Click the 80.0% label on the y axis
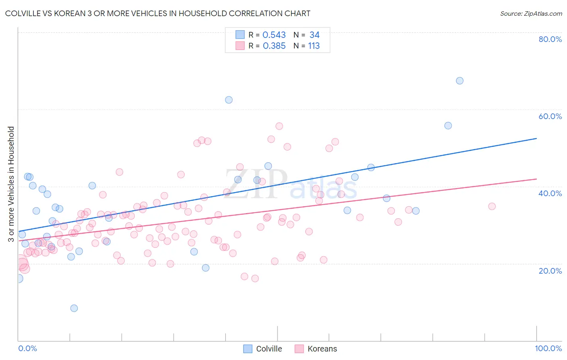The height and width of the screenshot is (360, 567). pyautogui.click(x=550, y=39)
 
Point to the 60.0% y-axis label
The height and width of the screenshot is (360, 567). pyautogui.click(x=550, y=116)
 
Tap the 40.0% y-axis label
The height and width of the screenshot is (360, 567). pyautogui.click(x=550, y=193)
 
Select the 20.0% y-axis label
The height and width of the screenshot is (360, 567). pyautogui.click(x=550, y=271)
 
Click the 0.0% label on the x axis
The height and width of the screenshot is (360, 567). pyautogui.click(x=27, y=348)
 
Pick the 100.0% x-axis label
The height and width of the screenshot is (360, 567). pyautogui.click(x=548, y=348)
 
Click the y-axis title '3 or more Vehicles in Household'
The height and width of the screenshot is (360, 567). pyautogui.click(x=11, y=184)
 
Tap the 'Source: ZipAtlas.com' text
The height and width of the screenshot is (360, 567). pyautogui.click(x=531, y=13)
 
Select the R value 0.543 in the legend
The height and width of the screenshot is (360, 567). pyautogui.click(x=274, y=35)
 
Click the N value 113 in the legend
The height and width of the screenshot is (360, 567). pyautogui.click(x=314, y=46)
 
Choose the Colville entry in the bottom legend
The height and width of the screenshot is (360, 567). pyautogui.click(x=263, y=349)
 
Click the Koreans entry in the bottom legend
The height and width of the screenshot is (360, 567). pyautogui.click(x=316, y=349)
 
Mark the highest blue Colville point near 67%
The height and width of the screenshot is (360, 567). pyautogui.click(x=459, y=81)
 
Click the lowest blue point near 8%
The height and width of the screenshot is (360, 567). pyautogui.click(x=74, y=308)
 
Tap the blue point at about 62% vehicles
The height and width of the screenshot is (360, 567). pyautogui.click(x=229, y=100)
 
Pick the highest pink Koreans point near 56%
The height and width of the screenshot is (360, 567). pyautogui.click(x=279, y=126)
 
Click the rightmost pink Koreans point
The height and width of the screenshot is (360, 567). pyautogui.click(x=492, y=206)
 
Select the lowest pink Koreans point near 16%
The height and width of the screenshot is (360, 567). pyautogui.click(x=255, y=278)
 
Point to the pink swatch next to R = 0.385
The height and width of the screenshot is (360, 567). pyautogui.click(x=240, y=46)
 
